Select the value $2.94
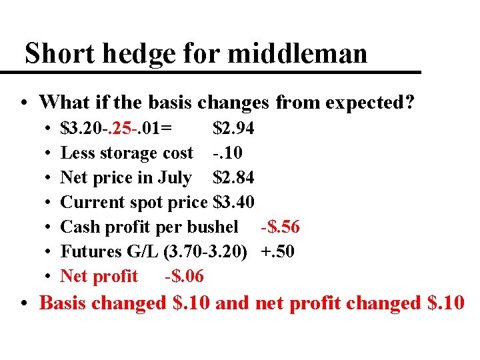[233, 128]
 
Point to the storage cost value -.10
[228, 153]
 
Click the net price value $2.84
[233, 177]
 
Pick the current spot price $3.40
[233, 202]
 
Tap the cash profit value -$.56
[280, 227]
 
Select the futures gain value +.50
[276, 251]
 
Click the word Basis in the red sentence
[64, 303]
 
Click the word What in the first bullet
[61, 102]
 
